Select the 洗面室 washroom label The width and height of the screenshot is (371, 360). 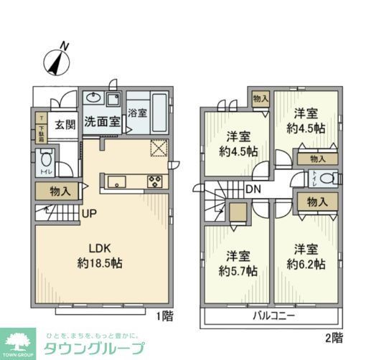(x=102, y=122)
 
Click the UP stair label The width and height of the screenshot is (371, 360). (x=90, y=213)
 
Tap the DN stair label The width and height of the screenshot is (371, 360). (x=253, y=189)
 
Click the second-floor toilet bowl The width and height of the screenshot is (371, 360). (x=327, y=179)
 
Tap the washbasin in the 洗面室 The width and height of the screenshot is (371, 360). (x=93, y=99)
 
